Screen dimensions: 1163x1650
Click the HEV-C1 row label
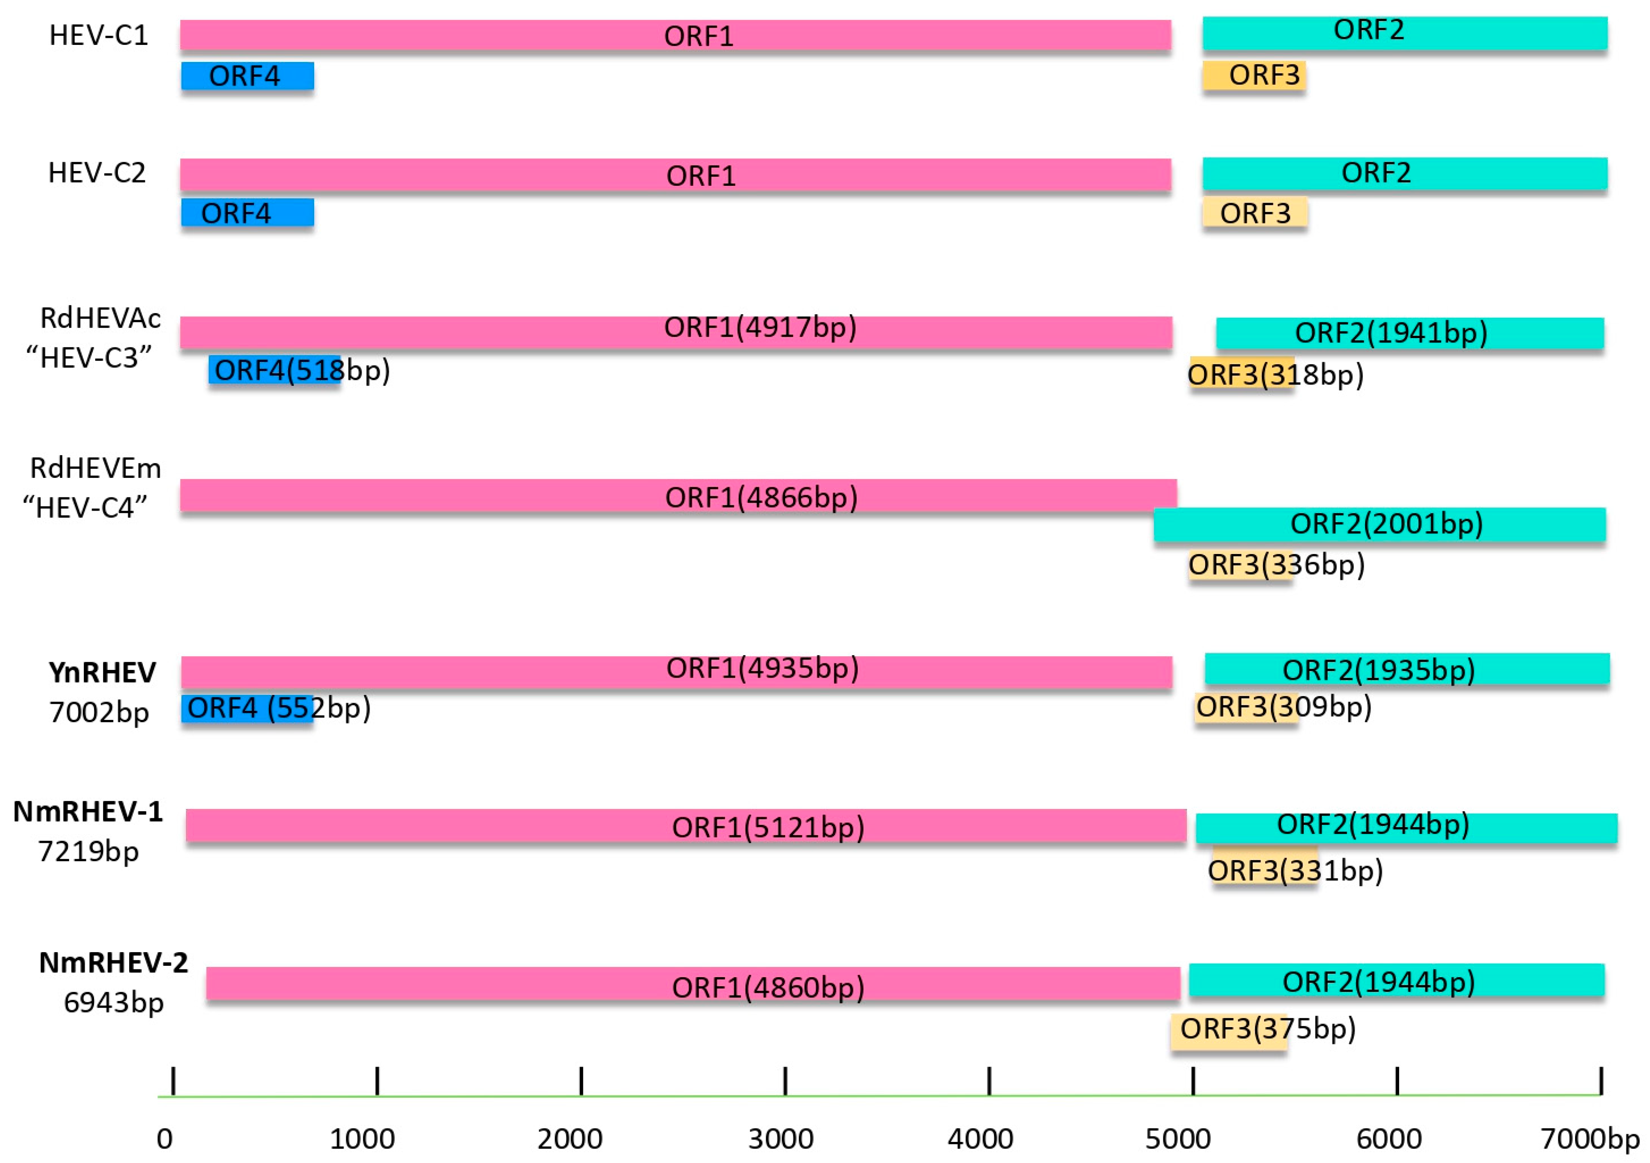click(98, 35)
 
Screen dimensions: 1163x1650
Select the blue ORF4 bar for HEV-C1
click(247, 75)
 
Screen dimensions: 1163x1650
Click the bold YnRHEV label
click(102, 672)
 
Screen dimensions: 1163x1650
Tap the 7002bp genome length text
click(99, 712)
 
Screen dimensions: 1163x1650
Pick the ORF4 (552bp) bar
click(247, 709)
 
